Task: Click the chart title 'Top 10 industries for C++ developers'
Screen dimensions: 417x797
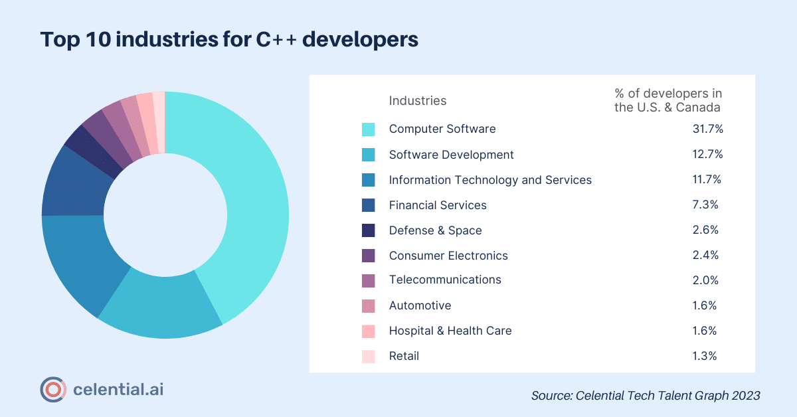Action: [229, 39]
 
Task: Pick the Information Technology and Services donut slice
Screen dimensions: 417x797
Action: [80, 259]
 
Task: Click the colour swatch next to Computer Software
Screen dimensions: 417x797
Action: [368, 129]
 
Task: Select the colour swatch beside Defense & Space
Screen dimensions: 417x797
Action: [368, 230]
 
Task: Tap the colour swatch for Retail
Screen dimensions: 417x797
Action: [368, 356]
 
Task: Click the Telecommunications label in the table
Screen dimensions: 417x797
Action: [445, 280]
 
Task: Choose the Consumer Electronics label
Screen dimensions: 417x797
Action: [448, 256]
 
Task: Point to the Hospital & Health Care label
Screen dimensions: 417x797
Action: [450, 331]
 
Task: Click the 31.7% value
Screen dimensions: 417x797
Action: [707, 129]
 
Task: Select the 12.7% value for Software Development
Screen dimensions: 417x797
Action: [707, 154]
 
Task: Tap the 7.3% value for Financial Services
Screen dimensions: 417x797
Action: [705, 205]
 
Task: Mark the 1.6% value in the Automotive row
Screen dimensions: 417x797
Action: [705, 305]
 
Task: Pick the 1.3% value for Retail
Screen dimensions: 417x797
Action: [705, 356]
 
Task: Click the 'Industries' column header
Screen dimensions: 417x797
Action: [418, 100]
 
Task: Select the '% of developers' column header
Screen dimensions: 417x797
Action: [667, 100]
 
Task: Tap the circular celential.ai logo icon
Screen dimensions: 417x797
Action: [52, 389]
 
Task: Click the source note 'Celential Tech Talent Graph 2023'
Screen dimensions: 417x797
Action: [645, 395]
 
